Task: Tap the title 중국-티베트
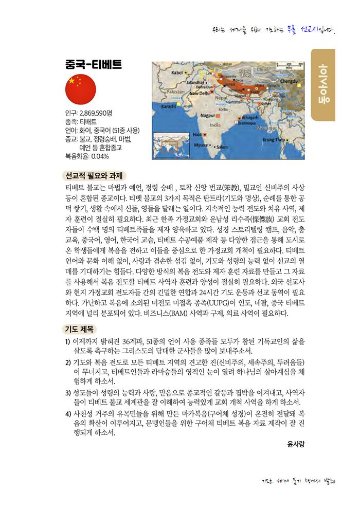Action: pyautogui.click(x=93, y=64)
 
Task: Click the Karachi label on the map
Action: pyautogui.click(x=169, y=107)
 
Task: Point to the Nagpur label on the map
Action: pyautogui.click(x=208, y=115)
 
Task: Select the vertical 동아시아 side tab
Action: pyautogui.click(x=323, y=84)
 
